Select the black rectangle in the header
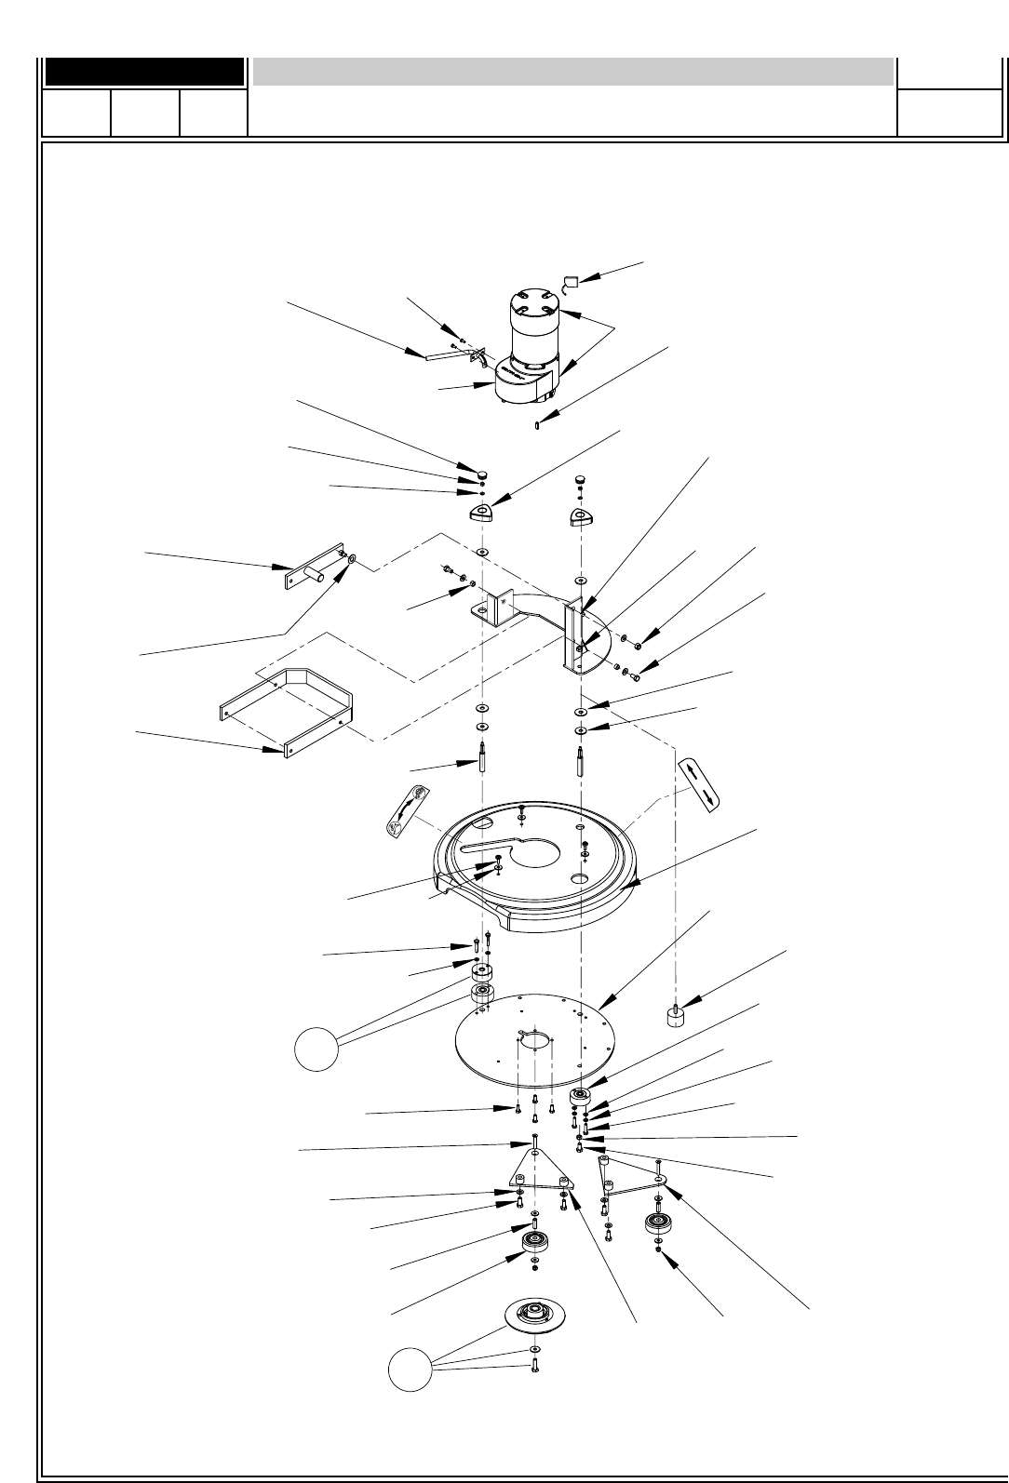144,72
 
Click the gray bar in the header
572,72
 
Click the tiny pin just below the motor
539,426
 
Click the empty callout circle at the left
315,1050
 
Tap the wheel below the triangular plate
534,1243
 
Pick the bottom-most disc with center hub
534,1317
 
